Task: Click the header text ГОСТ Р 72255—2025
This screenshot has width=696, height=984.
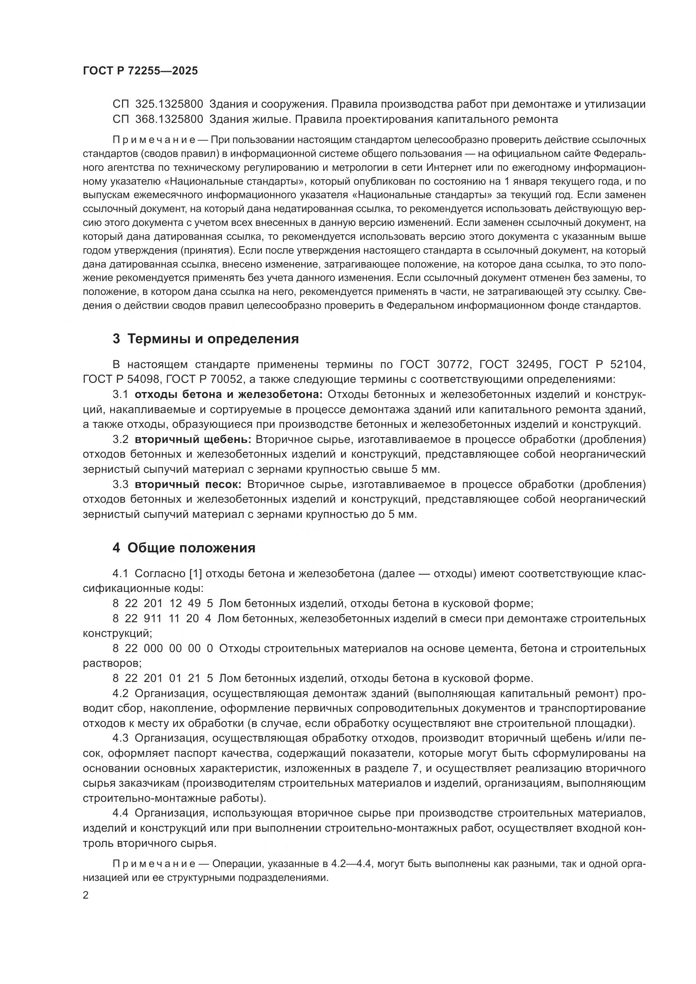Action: point(140,71)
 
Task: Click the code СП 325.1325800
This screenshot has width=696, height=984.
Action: point(158,104)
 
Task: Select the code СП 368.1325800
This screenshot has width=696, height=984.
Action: point(158,119)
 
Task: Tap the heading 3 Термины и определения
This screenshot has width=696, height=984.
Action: point(206,339)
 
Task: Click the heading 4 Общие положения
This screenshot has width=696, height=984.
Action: point(184,548)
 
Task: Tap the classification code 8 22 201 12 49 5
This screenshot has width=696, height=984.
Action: point(162,604)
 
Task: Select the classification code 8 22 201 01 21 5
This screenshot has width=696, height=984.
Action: point(162,679)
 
